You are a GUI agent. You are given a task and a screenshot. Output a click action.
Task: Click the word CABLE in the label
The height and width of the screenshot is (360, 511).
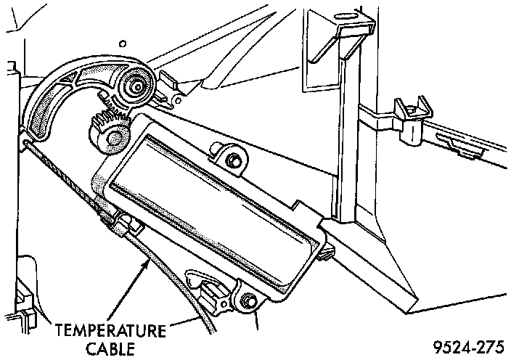[109, 348]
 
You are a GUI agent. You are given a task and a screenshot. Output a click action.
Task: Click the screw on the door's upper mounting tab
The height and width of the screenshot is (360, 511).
[232, 159]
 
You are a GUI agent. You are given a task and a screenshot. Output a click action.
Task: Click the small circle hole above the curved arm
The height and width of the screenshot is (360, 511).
[125, 44]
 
